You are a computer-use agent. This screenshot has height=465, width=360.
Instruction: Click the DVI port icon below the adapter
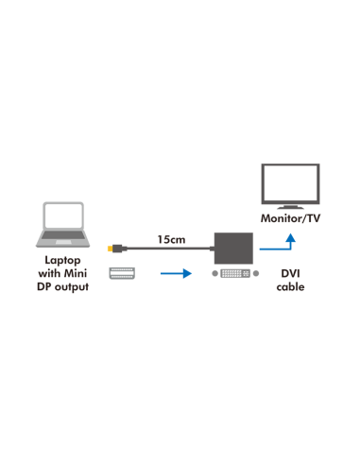tap(234, 274)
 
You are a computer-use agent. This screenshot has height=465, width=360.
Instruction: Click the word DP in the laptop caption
tap(44, 286)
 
